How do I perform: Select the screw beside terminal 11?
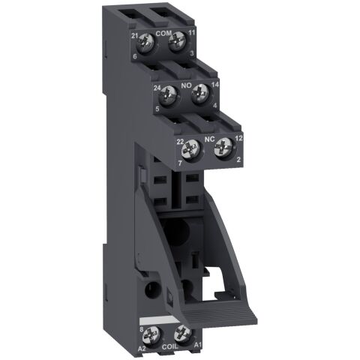177,43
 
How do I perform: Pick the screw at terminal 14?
199,95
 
